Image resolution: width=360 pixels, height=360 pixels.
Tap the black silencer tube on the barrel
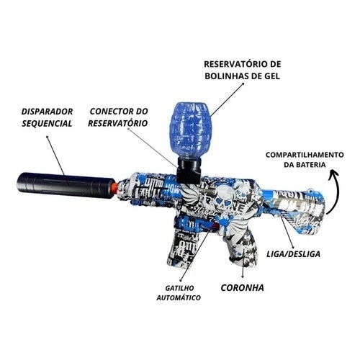coord(65,185)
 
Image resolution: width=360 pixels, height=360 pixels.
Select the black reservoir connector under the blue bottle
coord(189,169)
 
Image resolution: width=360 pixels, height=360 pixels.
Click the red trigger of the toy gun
coord(215,226)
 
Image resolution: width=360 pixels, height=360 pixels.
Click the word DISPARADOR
coord(47,112)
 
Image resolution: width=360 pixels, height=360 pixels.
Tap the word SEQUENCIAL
coord(47,124)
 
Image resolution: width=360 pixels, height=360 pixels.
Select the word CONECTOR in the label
coord(109,112)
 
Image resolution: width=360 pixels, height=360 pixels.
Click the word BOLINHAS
coord(226,76)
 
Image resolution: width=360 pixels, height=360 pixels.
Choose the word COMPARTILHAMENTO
coord(305,155)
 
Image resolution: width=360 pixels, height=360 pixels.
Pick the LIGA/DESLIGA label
coord(293,254)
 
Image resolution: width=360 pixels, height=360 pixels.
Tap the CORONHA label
coord(242,288)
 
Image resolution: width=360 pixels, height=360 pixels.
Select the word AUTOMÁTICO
coord(179,298)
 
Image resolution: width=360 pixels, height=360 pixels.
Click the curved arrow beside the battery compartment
coord(337,189)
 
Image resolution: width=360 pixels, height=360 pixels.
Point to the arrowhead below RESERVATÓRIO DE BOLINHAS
coord(243,84)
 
